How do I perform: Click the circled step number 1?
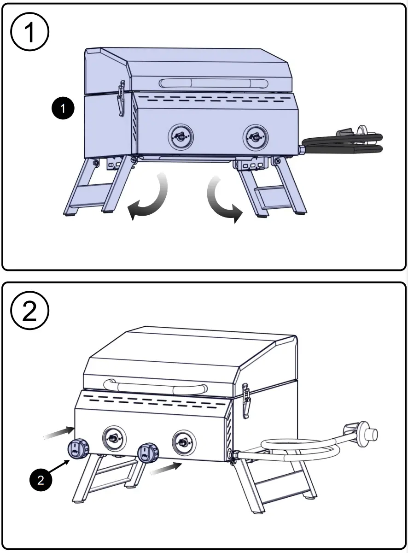pos(29,31)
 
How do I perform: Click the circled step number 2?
pos(29,312)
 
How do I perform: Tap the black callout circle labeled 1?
pos(63,109)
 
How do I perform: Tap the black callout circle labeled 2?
pos(41,481)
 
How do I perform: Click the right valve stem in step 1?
pos(253,136)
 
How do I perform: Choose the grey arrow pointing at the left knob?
pos(59,432)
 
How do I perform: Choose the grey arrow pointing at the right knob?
pos(165,469)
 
